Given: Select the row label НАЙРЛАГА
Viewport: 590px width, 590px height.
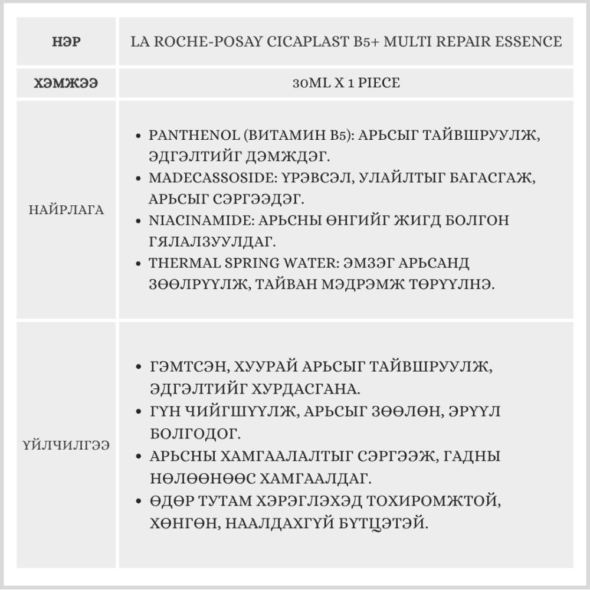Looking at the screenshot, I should point(66,210).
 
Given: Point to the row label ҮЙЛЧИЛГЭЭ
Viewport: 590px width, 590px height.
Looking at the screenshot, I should point(66,445).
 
